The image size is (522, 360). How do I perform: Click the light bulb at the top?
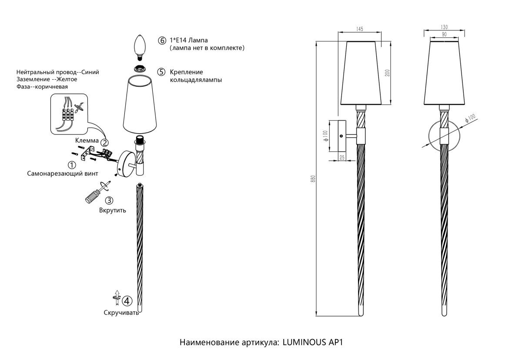140,46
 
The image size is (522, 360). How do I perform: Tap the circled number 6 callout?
162,40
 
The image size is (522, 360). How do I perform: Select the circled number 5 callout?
161,72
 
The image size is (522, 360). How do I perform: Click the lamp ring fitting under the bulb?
140,68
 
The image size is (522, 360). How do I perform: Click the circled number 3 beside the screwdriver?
109,200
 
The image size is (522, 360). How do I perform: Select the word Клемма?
87,141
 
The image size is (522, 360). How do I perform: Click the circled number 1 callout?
72,165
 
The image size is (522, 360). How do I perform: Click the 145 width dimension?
359,29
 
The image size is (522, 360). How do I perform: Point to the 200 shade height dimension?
387,73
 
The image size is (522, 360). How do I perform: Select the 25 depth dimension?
342,158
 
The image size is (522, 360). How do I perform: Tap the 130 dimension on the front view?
444,27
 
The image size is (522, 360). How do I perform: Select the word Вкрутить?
113,211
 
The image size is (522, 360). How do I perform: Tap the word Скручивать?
121,313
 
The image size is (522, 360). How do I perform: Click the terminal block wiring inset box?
69,114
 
